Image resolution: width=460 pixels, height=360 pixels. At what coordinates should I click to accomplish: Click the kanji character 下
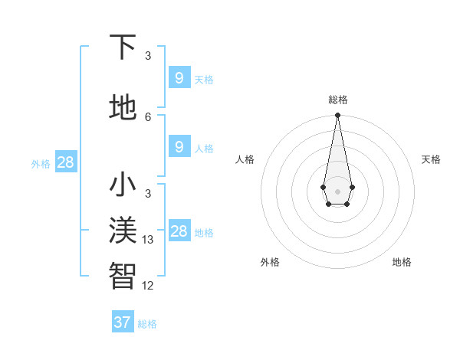point(123,48)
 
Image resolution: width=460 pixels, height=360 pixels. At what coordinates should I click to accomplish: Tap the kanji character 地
point(123,108)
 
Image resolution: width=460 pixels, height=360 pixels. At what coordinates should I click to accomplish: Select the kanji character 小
point(123,186)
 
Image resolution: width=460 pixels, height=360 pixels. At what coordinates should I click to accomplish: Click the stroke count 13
point(148,240)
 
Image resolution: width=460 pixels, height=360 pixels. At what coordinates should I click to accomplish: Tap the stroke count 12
point(148,286)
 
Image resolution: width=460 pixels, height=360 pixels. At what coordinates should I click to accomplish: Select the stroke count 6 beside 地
point(148,116)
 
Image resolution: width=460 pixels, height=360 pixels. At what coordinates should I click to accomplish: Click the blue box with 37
point(123,322)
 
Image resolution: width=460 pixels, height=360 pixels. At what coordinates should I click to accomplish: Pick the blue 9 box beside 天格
point(179,77)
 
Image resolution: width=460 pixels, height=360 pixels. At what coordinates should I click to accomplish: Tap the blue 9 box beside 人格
point(179,147)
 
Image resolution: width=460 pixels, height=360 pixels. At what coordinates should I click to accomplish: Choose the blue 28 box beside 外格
point(65,162)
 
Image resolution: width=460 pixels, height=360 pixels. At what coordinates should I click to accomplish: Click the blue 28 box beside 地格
point(179,231)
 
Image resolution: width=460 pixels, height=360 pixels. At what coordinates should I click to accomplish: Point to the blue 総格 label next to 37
point(147,324)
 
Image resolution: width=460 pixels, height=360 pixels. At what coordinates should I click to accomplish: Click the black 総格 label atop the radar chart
point(337,100)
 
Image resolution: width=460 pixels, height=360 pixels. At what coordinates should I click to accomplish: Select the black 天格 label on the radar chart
point(431,159)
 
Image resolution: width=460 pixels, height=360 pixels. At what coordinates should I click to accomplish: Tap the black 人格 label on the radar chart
point(245,159)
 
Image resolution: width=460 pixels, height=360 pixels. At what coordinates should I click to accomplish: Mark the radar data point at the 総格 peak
point(337,116)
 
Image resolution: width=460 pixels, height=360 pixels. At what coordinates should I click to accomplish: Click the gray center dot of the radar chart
point(337,191)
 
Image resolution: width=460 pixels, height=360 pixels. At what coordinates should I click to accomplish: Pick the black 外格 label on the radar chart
point(270,262)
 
